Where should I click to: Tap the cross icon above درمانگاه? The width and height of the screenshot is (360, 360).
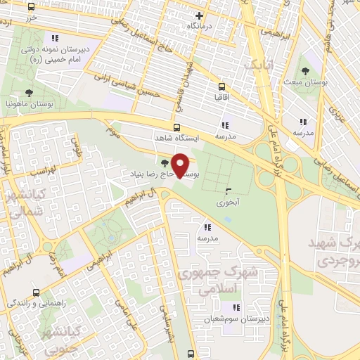coord(200,15)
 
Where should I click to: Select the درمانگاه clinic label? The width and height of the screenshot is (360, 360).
coord(199,25)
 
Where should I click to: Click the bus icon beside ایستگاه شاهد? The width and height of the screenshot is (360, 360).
coord(176,128)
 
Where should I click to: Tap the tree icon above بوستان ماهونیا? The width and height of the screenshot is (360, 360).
coord(29,92)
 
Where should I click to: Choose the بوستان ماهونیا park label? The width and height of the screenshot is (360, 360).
coord(29,103)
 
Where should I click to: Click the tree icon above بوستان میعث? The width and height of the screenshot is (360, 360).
coord(305,71)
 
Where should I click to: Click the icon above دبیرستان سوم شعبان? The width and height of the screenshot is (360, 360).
coord(237,307)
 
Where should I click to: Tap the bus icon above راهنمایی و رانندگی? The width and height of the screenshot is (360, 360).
coord(36,292)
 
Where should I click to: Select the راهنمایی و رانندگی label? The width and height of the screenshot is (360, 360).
coord(36,303)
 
